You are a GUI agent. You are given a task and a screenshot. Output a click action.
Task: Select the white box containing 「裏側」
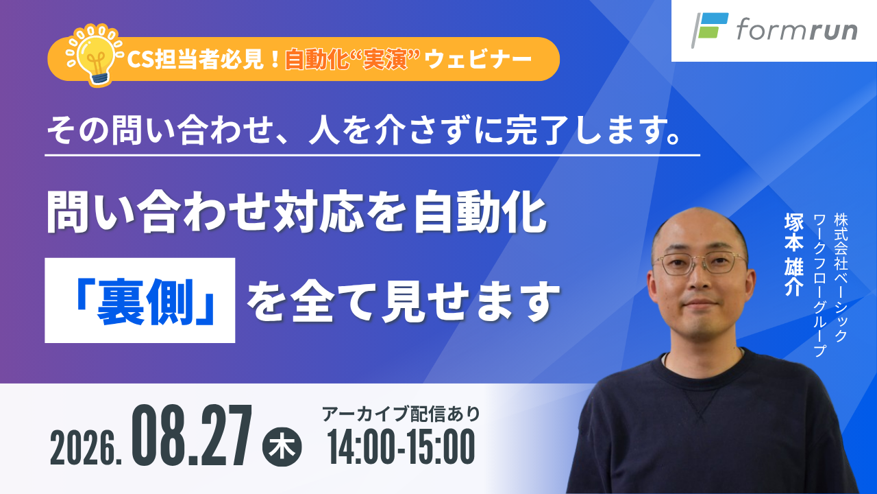point(140,301)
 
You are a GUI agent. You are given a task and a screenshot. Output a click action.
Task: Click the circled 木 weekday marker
point(282,447)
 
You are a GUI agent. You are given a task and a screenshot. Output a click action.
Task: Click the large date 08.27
point(192,435)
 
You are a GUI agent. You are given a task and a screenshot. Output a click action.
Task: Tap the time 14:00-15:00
point(402,447)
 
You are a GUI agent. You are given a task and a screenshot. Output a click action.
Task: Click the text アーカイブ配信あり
point(401,414)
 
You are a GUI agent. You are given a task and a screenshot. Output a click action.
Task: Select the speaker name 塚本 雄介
point(794,255)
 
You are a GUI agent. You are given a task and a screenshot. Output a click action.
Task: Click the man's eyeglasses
point(701,263)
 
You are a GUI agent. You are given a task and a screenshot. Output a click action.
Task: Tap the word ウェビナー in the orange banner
point(478,60)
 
